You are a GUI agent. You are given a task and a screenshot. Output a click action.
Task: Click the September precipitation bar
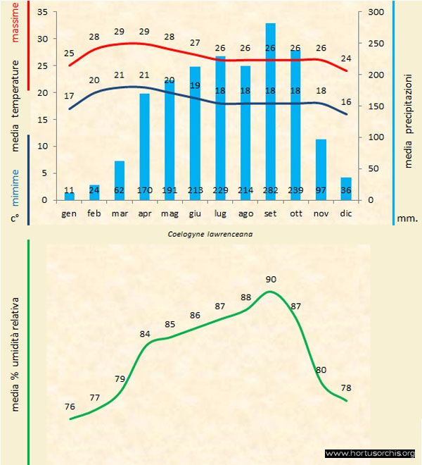point(270,113)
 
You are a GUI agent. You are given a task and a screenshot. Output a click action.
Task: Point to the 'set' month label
point(270,212)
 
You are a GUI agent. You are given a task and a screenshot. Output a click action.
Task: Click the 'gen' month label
point(69,212)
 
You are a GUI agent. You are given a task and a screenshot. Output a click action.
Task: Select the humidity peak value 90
point(271,279)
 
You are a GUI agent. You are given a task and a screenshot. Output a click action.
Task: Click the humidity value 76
point(70,407)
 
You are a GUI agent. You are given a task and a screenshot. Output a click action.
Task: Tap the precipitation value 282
point(270,190)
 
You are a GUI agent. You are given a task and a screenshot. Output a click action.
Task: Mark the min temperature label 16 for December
point(345,102)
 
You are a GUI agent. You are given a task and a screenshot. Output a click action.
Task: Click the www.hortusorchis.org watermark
point(371,453)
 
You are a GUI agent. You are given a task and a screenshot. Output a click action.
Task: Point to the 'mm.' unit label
point(407,218)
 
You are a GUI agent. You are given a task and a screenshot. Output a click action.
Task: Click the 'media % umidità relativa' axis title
point(16,352)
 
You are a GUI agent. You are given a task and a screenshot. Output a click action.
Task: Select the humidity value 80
point(321,369)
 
